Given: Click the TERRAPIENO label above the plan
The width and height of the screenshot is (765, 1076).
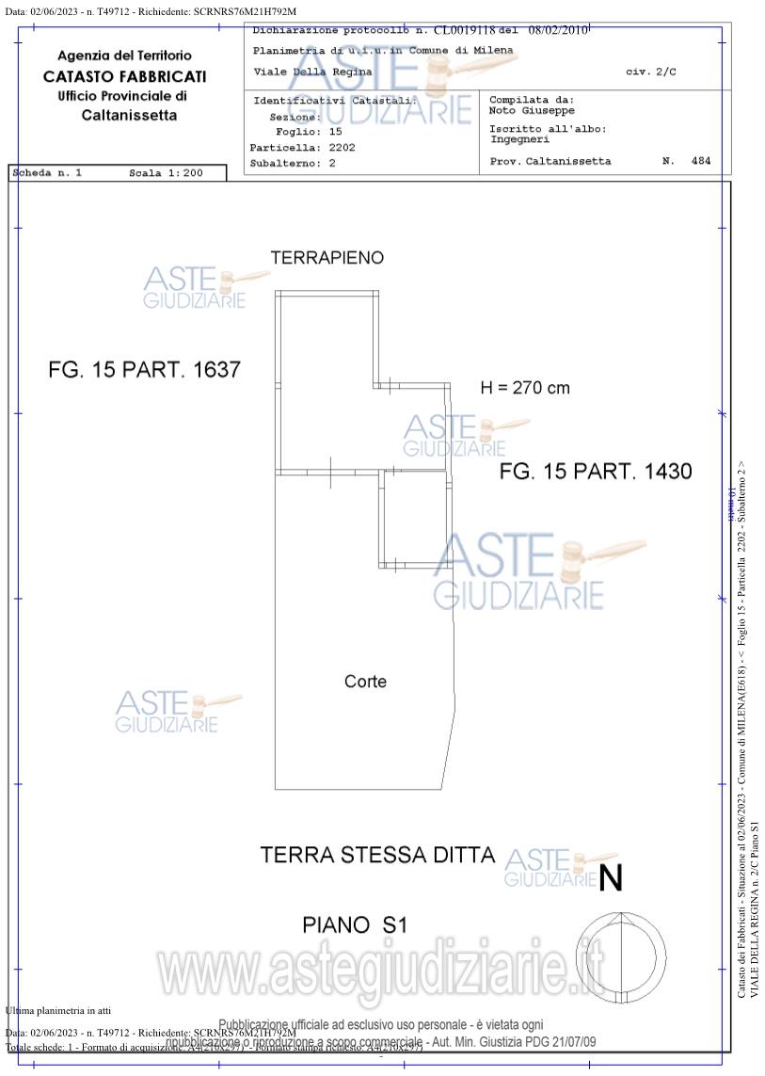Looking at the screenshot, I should point(327,258).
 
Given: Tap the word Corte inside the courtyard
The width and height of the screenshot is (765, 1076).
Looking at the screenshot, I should point(365,682).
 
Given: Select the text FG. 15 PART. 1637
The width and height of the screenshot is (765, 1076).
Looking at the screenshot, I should point(144,370).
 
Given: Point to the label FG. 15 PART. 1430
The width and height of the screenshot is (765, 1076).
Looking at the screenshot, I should point(595,472).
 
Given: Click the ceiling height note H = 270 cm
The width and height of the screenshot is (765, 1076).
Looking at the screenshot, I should point(524,387).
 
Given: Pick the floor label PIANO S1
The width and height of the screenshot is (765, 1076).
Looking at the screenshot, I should point(354,925).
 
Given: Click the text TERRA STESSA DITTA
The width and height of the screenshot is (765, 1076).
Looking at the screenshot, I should point(376,855).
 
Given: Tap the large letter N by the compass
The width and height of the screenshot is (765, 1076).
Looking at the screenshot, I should point(611,878).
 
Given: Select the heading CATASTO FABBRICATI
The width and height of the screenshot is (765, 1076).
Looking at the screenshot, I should point(124,76).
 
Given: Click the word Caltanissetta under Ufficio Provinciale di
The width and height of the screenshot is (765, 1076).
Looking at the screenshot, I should point(129,116).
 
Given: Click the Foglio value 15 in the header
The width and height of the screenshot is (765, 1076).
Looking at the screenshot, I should point(335,133).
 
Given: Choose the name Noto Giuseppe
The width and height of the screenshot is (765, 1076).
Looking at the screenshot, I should point(532,110).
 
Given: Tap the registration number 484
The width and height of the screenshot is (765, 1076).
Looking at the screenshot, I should point(700,161).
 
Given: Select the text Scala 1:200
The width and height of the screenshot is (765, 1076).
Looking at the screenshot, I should point(166,173).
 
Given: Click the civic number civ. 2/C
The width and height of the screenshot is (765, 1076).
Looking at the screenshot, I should point(650,72).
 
